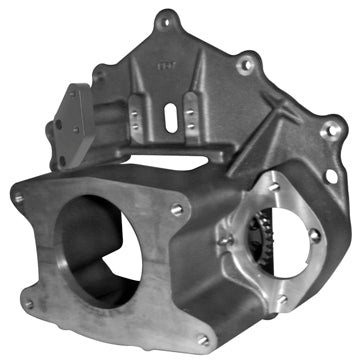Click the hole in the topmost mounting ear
[x=165, y=16]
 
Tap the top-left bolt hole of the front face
[x=18, y=198]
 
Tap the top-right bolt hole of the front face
[x=177, y=208]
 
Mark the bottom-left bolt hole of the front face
[x=28, y=303]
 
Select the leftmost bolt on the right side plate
[x=229, y=240]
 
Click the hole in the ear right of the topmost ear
[x=246, y=64]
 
